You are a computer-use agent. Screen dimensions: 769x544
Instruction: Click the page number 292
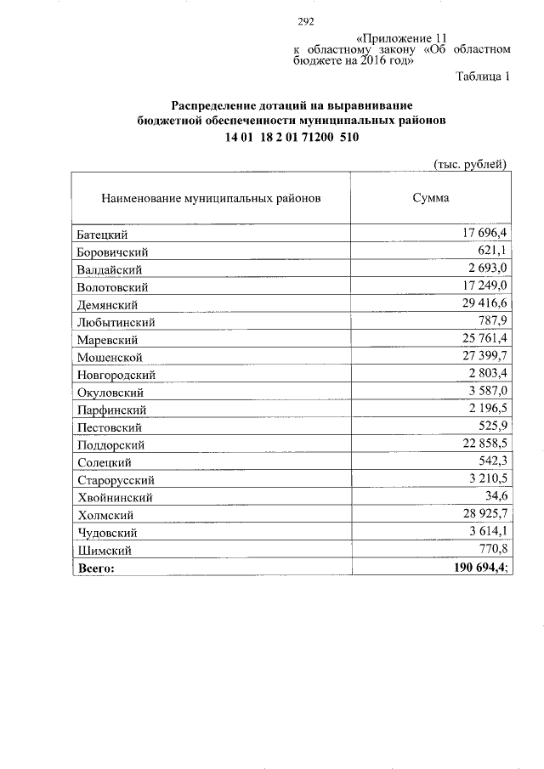point(307,23)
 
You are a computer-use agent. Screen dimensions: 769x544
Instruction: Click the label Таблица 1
point(483,77)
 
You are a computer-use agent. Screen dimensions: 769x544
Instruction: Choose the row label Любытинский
point(116,322)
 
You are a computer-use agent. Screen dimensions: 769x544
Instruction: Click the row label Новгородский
point(116,375)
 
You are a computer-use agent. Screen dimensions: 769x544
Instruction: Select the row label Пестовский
point(110,427)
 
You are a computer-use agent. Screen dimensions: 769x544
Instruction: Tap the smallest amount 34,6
point(494,497)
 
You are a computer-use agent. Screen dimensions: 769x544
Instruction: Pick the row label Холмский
point(105,515)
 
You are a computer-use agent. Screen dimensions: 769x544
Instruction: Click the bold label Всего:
point(96,568)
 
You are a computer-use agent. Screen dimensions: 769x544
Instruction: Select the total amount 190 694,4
point(477,568)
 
